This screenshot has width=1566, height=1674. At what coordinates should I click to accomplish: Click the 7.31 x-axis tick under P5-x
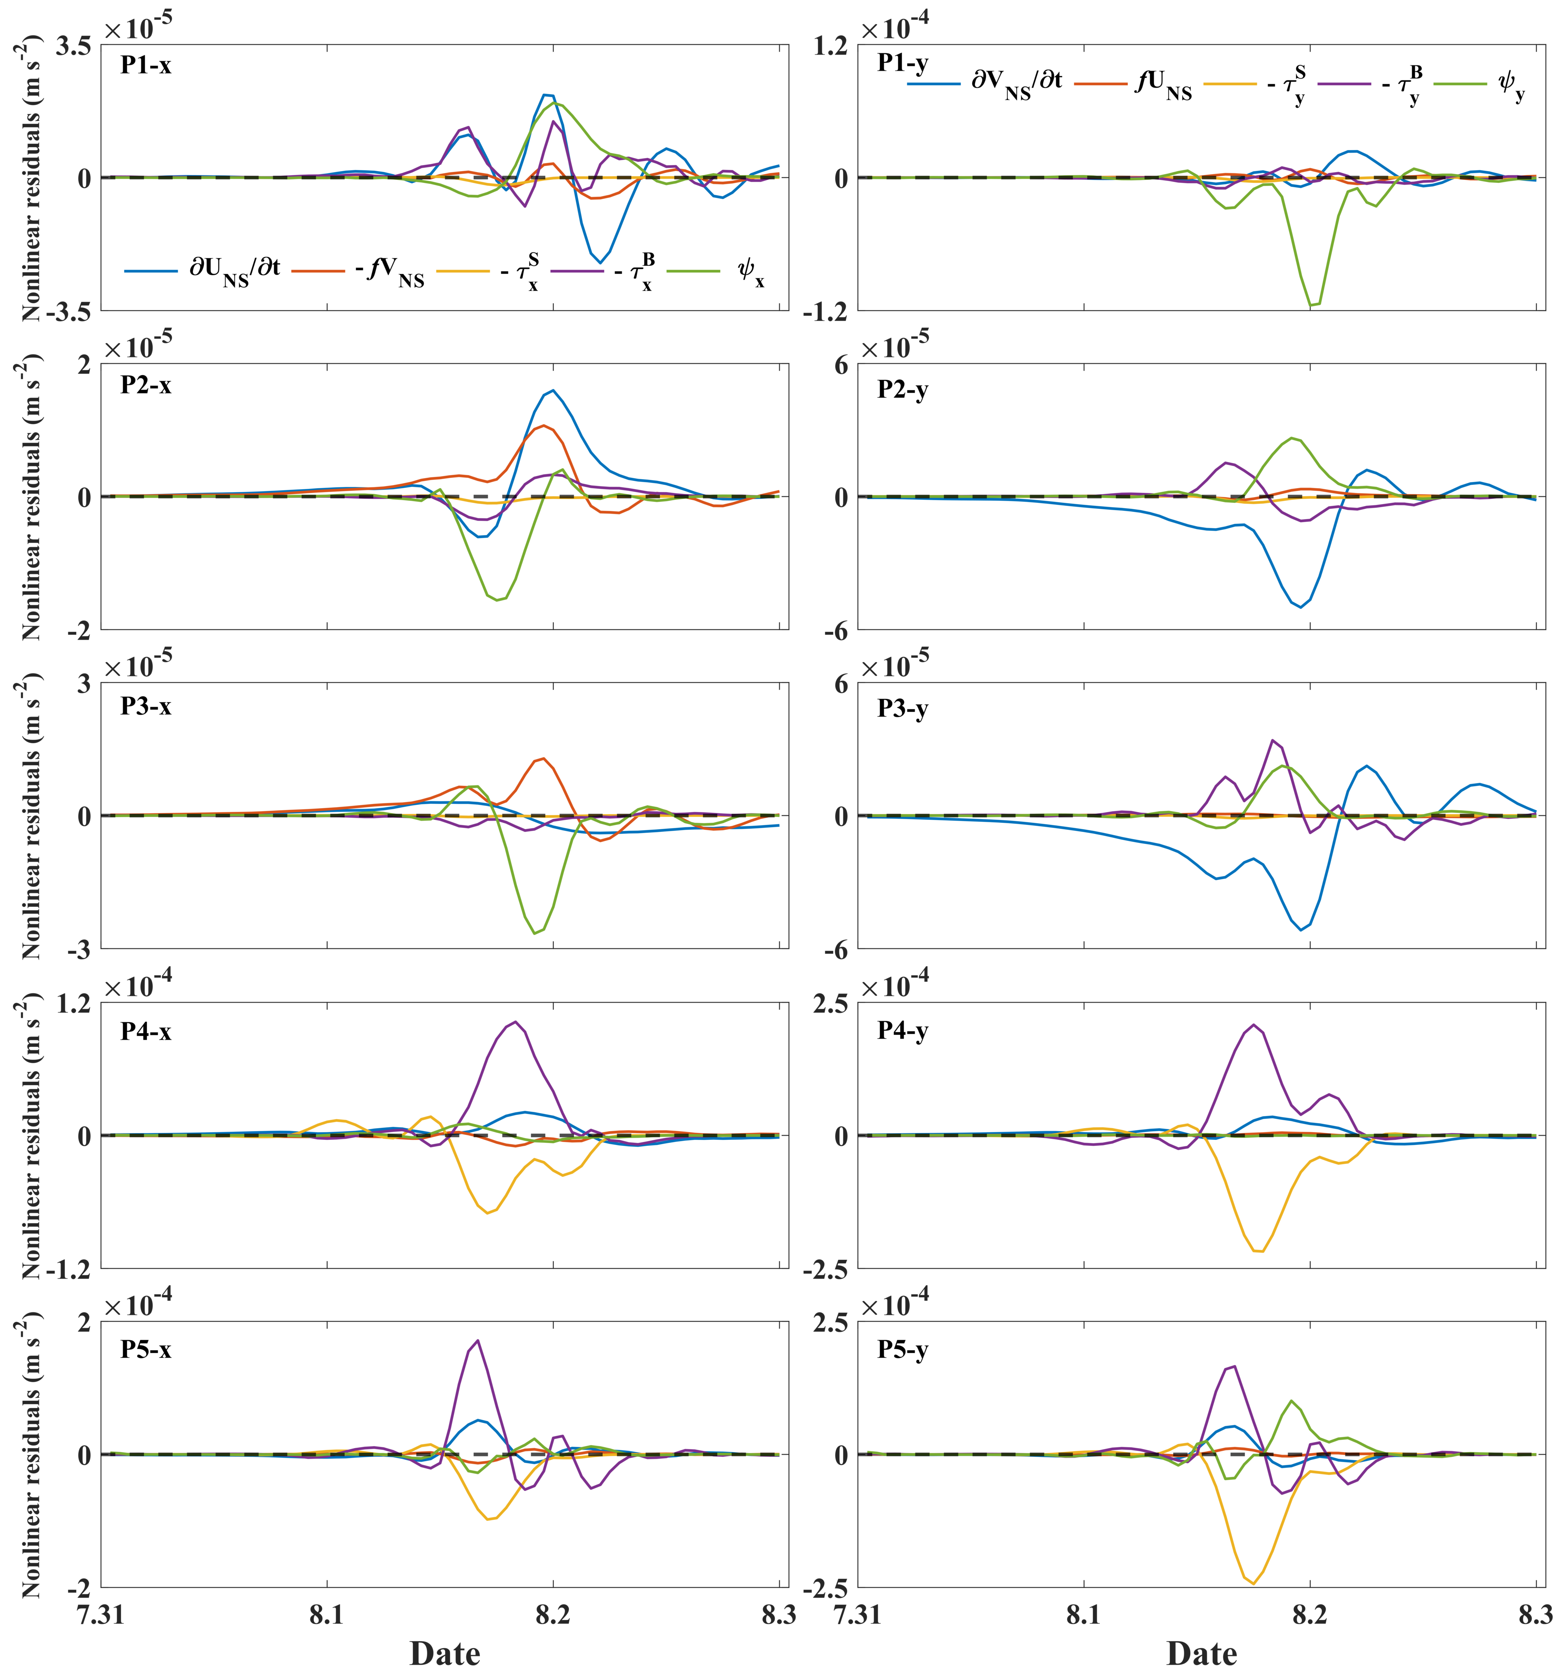click(x=102, y=1617)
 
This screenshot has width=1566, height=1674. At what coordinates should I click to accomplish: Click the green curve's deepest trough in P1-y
click(x=1312, y=305)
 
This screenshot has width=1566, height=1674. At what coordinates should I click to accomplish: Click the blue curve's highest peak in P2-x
click(x=552, y=390)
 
